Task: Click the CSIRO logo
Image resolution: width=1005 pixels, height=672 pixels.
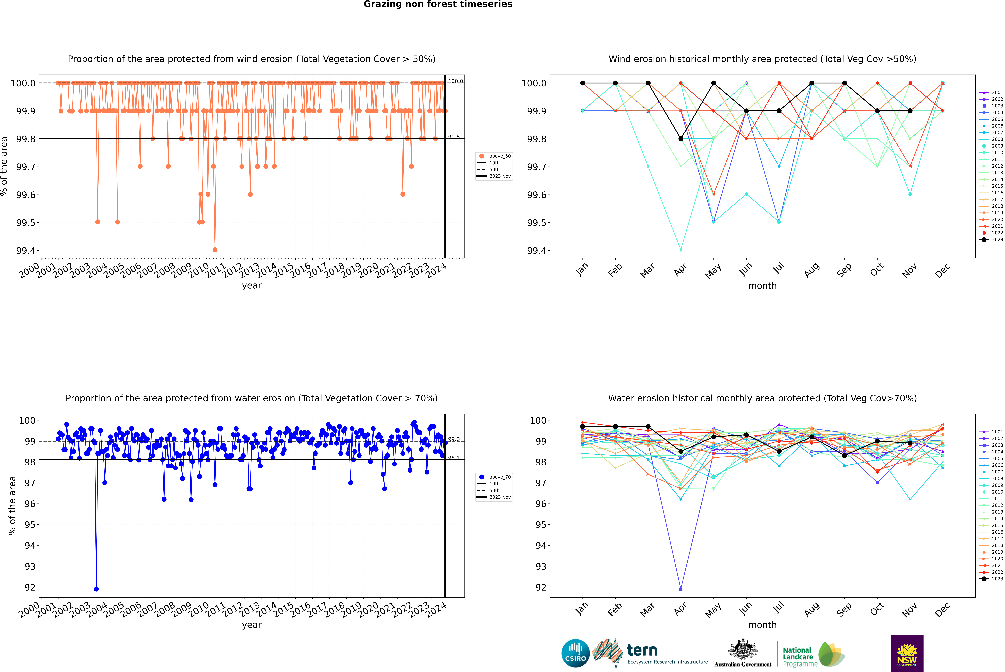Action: tap(575, 653)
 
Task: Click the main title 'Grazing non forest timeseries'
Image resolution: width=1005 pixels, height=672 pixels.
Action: tap(438, 4)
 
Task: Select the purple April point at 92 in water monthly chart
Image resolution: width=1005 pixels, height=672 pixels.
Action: tap(681, 589)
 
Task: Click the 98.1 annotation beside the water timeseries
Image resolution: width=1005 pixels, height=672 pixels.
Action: tap(454, 458)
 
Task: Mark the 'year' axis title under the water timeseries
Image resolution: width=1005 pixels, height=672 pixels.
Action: tap(251, 625)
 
